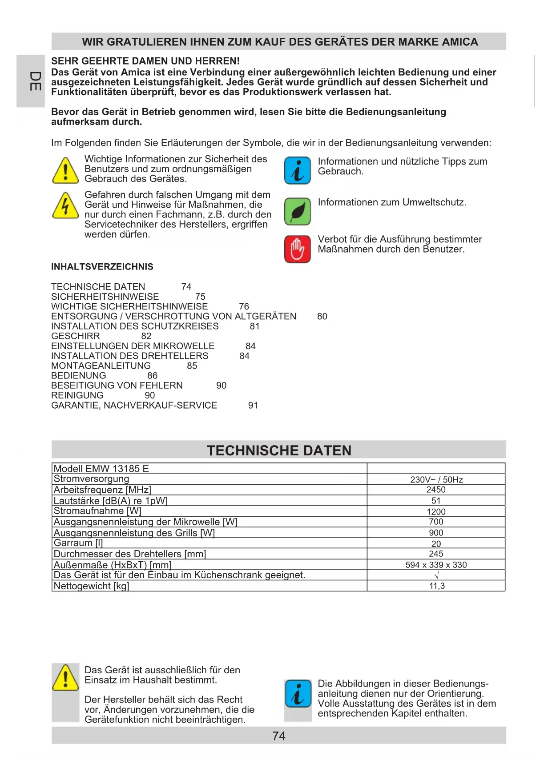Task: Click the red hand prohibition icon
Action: [297, 249]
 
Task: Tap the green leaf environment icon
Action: [297, 211]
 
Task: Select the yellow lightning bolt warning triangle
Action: [65, 206]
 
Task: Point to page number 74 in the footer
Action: [278, 736]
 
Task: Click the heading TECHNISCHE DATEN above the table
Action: [279, 450]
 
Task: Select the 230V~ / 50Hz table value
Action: [436, 479]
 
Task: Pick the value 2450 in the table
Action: [436, 490]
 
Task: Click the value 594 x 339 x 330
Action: [436, 565]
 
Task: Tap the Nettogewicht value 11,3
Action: [437, 586]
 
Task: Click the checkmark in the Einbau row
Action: [436, 575]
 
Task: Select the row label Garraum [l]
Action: [78, 543]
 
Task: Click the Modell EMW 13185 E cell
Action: [101, 469]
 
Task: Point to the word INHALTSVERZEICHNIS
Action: [102, 267]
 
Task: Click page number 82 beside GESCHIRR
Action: [146, 336]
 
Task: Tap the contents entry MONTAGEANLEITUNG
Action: [101, 366]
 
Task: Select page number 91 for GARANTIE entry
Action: [253, 406]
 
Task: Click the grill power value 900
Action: [436, 533]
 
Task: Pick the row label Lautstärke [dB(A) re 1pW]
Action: [111, 501]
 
